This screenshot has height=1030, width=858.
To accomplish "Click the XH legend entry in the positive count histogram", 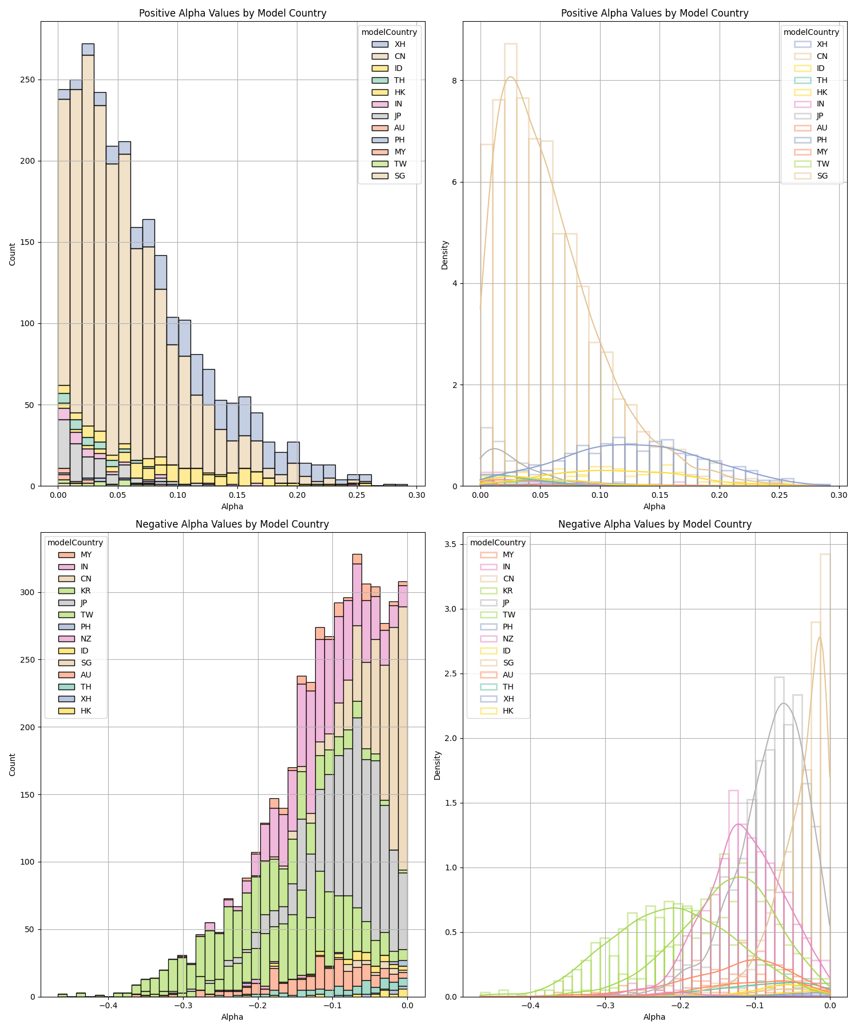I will pos(399,44).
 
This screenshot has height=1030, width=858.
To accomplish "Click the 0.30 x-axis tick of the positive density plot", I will pos(839,495).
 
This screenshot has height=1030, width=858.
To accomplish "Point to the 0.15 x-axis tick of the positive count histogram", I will pos(237,495).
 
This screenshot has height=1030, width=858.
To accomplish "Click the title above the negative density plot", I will pos(654,524).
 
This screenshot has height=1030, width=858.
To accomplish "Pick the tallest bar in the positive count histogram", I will pos(88,263).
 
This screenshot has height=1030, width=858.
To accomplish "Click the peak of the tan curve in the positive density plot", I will pos(510,77).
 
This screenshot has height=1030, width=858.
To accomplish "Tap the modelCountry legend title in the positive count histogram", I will pos(389,32).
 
